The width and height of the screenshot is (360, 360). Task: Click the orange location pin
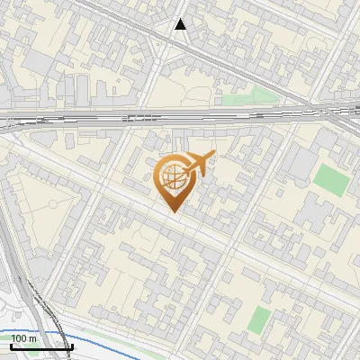(x=176, y=180)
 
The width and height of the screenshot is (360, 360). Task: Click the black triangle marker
(x=181, y=24)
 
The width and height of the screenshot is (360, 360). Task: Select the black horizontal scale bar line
(x=41, y=346)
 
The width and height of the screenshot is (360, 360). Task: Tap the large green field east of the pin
(x=332, y=179)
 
